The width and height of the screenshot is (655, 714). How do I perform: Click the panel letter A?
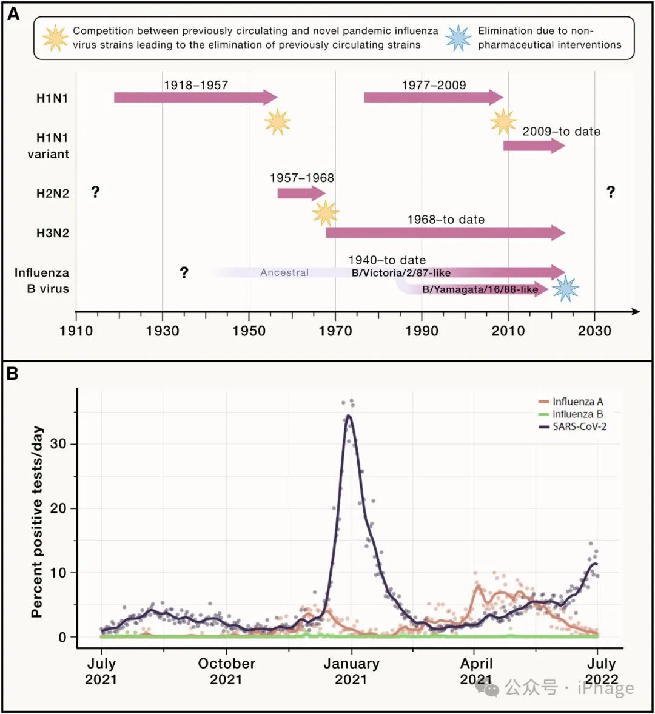coord(13,14)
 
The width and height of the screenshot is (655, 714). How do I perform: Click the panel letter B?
coord(13,374)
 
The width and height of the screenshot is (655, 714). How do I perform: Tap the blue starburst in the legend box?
coord(458,38)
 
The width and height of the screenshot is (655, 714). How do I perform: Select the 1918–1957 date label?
coord(196,85)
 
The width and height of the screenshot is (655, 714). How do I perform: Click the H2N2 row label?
coord(53,194)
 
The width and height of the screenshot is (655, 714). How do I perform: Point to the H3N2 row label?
coord(53,233)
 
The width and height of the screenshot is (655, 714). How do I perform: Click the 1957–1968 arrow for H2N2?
coord(301,193)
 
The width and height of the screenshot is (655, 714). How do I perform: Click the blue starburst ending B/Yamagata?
coord(565,289)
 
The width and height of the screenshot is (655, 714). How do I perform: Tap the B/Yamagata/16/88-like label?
coord(480,289)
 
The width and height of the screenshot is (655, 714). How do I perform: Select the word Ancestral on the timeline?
coord(284,272)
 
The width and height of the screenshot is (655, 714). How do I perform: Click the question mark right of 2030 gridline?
coord(611,192)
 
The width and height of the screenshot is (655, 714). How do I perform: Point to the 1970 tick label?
coord(335,331)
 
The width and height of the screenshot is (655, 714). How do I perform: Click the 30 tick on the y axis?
coord(59,444)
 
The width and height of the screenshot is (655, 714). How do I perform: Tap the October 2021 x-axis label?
coord(226,671)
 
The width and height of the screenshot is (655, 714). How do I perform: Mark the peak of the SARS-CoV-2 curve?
coord(349,416)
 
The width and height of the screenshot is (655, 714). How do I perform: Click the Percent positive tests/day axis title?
coord(38,522)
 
